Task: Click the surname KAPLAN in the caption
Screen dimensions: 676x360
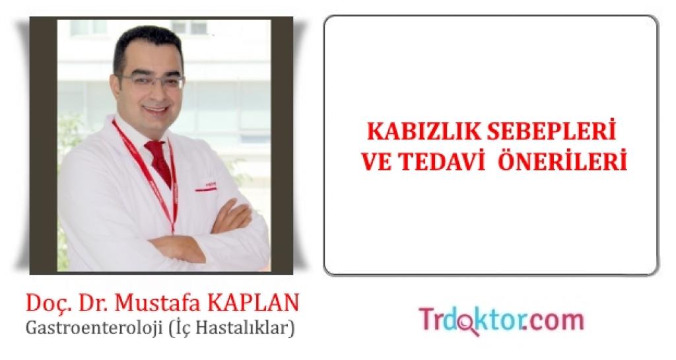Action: pos(253,303)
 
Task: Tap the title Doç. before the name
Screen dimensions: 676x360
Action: pos(46,303)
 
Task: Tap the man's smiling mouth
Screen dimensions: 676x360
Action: pos(154,109)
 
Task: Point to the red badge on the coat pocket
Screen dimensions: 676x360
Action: pos(206,188)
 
